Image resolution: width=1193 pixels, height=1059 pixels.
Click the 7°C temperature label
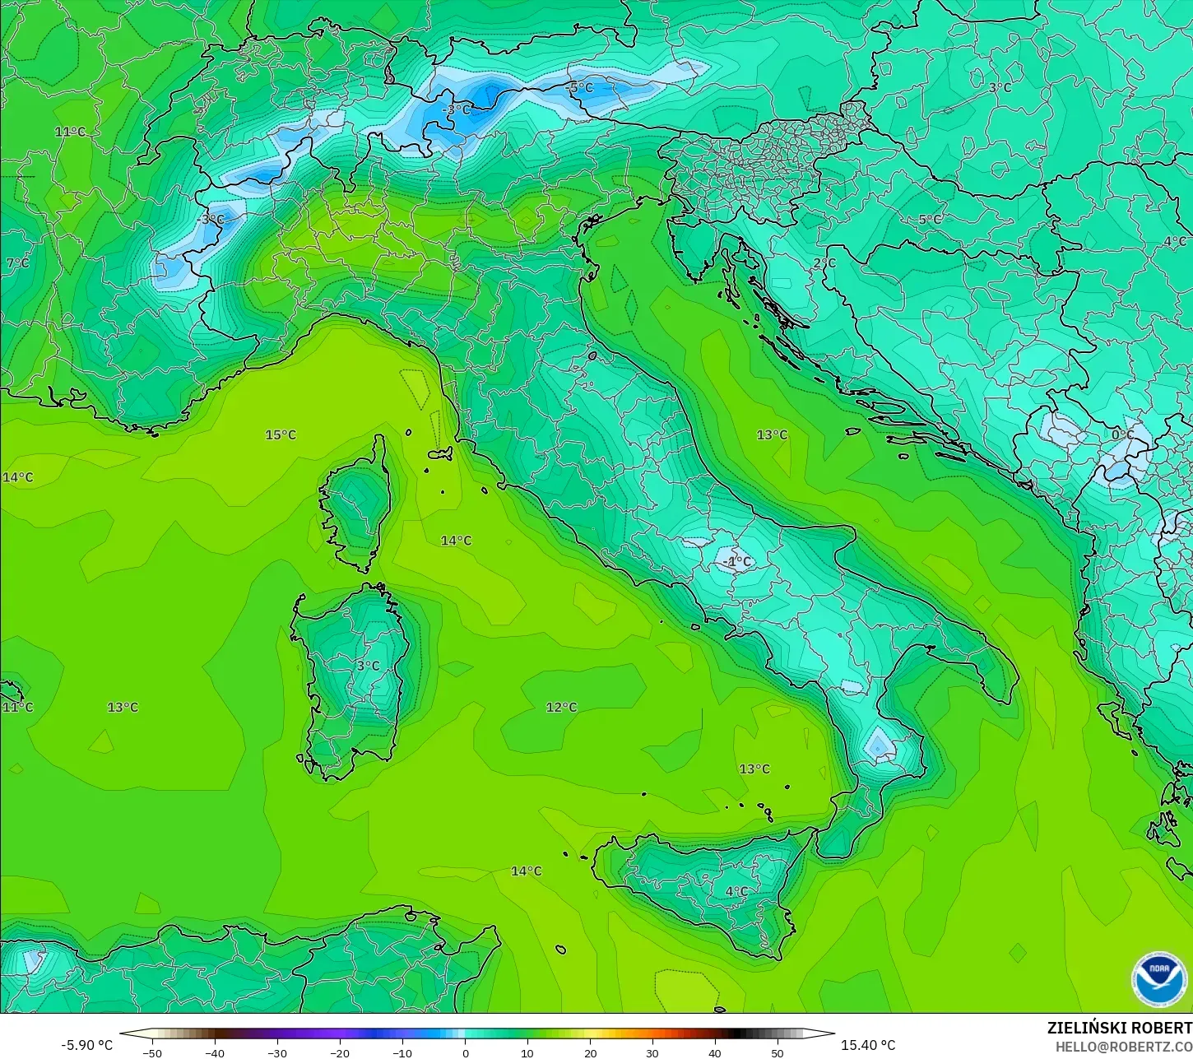(x=17, y=263)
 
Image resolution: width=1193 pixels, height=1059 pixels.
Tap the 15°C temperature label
(x=281, y=434)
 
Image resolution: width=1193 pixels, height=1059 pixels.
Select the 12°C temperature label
(x=561, y=707)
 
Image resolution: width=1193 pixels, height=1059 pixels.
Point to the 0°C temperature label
(x=1122, y=434)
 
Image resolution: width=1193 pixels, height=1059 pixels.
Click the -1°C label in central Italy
(x=736, y=562)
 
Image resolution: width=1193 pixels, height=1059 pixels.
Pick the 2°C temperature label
(x=824, y=263)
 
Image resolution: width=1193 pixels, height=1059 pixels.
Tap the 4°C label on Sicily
(x=736, y=891)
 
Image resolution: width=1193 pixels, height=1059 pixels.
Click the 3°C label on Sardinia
(x=368, y=666)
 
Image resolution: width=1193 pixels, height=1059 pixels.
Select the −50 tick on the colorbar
(x=152, y=1052)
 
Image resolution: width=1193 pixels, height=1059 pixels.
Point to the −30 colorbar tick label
(x=277, y=1052)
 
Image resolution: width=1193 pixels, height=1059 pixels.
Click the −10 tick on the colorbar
(x=402, y=1052)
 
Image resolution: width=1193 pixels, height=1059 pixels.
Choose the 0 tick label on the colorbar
(x=465, y=1052)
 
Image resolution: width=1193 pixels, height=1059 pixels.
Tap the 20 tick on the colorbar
(x=590, y=1052)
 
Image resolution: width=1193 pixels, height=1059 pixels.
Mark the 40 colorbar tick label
(x=715, y=1052)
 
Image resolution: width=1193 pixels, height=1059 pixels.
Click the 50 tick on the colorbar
(x=778, y=1052)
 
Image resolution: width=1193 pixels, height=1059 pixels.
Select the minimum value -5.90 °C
(x=86, y=1045)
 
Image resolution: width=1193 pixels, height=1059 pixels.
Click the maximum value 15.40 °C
(x=868, y=1045)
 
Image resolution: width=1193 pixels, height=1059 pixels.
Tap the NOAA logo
(x=1158, y=978)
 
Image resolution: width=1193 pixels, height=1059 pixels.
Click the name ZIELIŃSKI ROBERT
(x=1119, y=1028)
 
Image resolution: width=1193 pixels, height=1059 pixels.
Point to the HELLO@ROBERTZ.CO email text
(x=1124, y=1047)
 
